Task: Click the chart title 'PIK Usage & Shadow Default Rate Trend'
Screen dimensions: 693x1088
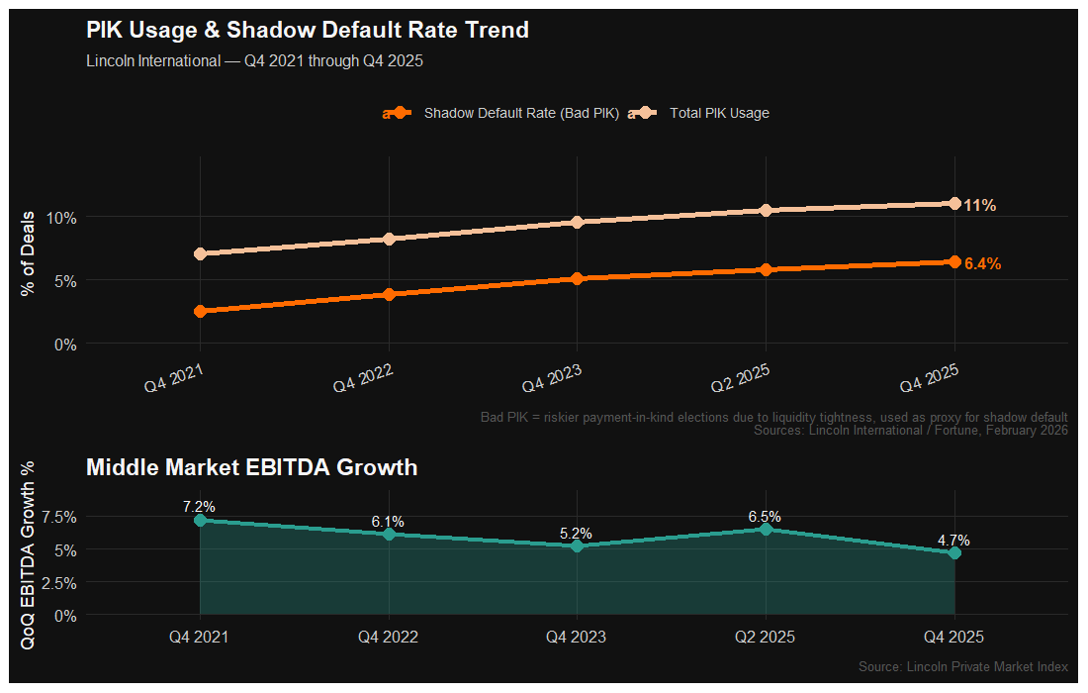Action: coord(308,31)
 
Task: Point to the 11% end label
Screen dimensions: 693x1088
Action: coord(980,206)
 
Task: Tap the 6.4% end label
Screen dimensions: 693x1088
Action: coord(982,264)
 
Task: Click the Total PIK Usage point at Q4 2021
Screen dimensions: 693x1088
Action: coord(201,254)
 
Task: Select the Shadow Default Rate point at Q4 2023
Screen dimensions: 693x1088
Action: coord(577,279)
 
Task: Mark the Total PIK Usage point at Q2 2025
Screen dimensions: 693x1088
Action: coord(766,210)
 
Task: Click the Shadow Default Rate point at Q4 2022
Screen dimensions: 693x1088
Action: coord(389,294)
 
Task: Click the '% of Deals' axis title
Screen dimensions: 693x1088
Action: coord(29,253)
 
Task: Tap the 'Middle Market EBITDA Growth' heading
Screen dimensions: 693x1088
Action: coord(251,467)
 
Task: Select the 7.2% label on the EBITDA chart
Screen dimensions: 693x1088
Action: coord(199,507)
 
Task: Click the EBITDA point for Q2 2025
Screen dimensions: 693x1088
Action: coord(766,530)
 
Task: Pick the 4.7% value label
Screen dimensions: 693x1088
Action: coord(953,541)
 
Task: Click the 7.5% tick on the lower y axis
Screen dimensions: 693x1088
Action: coord(60,517)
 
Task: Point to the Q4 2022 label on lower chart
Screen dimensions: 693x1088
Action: coord(388,637)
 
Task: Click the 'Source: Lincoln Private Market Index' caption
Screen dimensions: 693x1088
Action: coord(963,667)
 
